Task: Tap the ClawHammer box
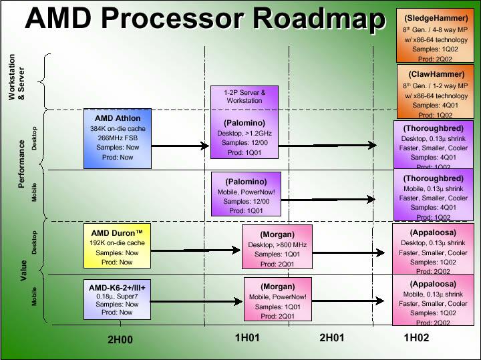pos(435,91)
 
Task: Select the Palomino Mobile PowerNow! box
pos(245,194)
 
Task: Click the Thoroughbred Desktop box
pos(434,143)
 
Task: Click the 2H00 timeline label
pos(120,339)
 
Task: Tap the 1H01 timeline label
pos(247,338)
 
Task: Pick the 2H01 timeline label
pos(332,338)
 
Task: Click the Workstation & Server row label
pos(15,77)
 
